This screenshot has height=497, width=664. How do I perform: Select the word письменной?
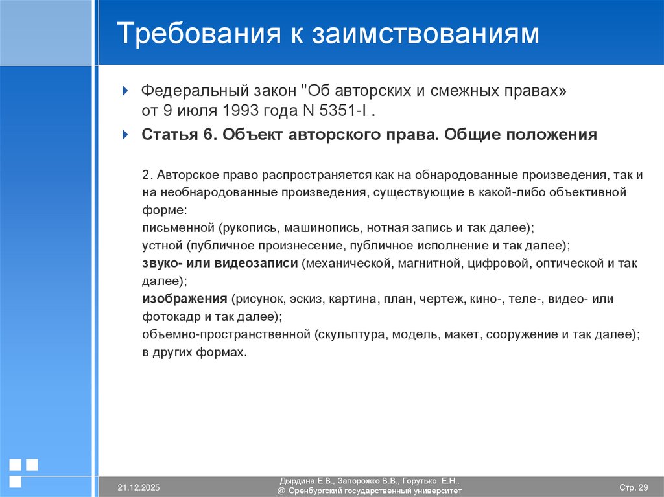coord(178,228)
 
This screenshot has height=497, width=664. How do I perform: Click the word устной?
coord(162,246)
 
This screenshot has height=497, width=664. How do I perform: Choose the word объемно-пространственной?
coord(224,334)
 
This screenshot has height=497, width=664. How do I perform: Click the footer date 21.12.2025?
coord(138,487)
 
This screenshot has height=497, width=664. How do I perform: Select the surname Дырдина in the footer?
coord(296,481)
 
